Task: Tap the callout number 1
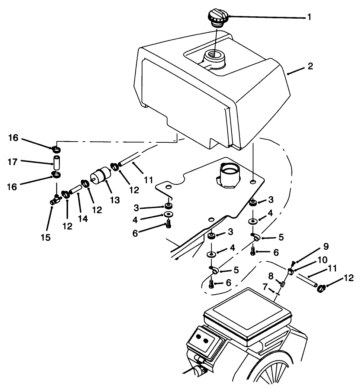coord(309,17)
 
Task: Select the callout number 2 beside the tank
coord(310,67)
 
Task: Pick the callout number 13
coord(115,200)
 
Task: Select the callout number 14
coord(83,219)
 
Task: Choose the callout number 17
coord(13,162)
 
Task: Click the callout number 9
coord(326,246)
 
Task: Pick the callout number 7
coord(265,287)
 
